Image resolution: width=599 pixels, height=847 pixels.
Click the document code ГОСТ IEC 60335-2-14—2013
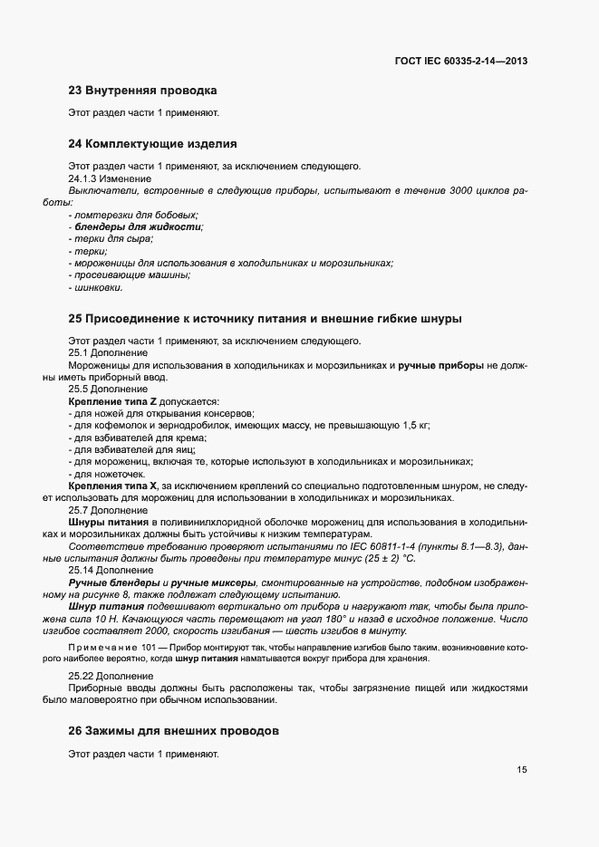pyautogui.click(x=461, y=61)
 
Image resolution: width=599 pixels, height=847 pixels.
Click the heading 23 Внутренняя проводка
pyautogui.click(x=142, y=91)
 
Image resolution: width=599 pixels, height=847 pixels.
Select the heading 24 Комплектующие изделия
pyautogui.click(x=152, y=143)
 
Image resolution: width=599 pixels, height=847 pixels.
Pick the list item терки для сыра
pyautogui.click(x=113, y=238)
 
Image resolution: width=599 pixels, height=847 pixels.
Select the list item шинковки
pyautogui.click(x=98, y=288)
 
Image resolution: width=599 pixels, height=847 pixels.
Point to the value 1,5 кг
pyautogui.click(x=414, y=425)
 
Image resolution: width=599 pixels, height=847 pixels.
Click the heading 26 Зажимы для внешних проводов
pyautogui.click(x=174, y=730)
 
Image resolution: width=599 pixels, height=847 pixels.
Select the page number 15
pyautogui.click(x=522, y=770)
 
